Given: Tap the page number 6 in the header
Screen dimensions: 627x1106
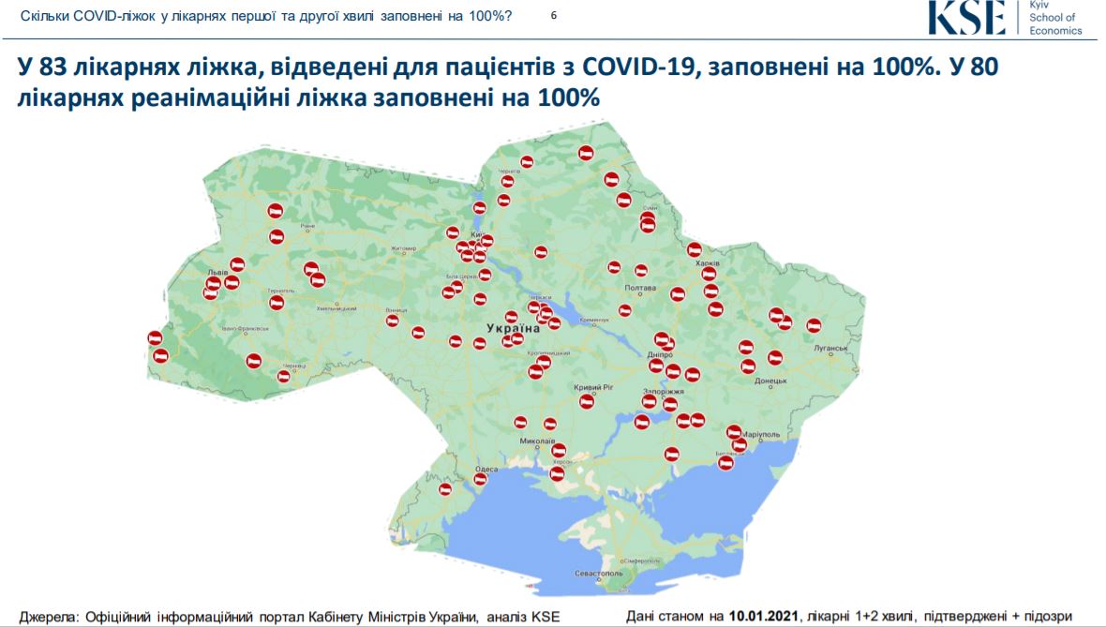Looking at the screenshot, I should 553,17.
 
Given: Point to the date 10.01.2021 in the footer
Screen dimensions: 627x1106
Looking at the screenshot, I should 764,616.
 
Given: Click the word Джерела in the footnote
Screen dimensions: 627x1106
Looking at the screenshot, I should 48,616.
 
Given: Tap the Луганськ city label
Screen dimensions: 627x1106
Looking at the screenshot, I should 830,348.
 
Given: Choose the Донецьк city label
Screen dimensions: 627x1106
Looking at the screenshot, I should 770,381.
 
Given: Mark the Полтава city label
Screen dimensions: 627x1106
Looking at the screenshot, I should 639,288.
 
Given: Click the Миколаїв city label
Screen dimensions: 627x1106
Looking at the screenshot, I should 537,440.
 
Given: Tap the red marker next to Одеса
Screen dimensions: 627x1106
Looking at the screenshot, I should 480,480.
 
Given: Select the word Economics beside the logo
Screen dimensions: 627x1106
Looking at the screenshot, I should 1055,31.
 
